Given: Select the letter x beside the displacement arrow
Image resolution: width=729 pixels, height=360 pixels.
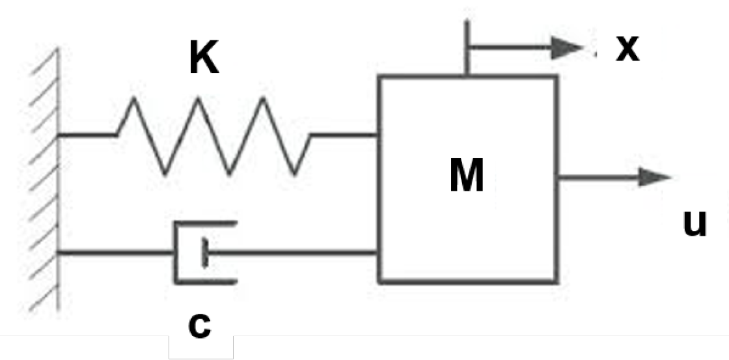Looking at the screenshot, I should tap(627, 48).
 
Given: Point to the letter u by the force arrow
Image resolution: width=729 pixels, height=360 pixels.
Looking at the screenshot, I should tap(695, 223).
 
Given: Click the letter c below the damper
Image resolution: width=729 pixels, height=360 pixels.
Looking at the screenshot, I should tap(199, 325).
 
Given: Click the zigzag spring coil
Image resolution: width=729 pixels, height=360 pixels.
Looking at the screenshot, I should tap(213, 135).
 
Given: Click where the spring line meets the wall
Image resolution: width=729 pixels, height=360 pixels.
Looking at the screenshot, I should tap(60, 135).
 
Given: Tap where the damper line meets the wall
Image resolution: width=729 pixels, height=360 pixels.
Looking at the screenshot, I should tap(60, 252).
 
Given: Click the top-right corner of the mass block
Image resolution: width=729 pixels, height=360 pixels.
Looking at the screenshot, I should tap(557, 77).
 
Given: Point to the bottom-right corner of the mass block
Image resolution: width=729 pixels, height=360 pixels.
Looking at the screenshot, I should tap(557, 282).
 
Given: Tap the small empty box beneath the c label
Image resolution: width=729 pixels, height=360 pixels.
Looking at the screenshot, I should tap(200, 348).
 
